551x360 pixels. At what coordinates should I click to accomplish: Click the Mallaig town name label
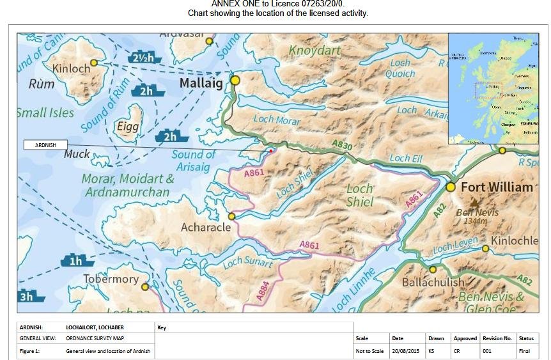point(201,83)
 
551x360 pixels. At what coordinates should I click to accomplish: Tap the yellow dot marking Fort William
point(451,187)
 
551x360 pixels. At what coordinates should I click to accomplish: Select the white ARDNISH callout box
point(45,145)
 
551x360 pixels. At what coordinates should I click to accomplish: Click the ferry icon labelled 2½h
point(144,58)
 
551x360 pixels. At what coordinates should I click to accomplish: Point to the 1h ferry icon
point(77,260)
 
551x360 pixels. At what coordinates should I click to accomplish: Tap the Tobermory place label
point(111,279)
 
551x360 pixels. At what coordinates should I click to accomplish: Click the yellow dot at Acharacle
point(231,216)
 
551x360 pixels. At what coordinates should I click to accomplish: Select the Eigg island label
point(128,127)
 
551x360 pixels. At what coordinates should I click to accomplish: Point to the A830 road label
point(343,146)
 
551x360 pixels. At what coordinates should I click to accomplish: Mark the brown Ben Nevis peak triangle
point(474,201)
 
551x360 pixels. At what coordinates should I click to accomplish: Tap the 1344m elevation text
point(476,221)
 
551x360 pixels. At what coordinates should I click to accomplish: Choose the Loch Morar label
point(276,119)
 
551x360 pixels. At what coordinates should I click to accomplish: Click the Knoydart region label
point(312,50)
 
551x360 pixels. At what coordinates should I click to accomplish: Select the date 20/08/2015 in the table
point(405,351)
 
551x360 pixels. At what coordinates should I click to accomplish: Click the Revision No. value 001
point(488,351)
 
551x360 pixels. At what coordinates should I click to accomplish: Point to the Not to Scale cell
point(369,351)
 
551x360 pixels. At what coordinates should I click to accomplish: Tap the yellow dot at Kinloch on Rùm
point(94,63)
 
